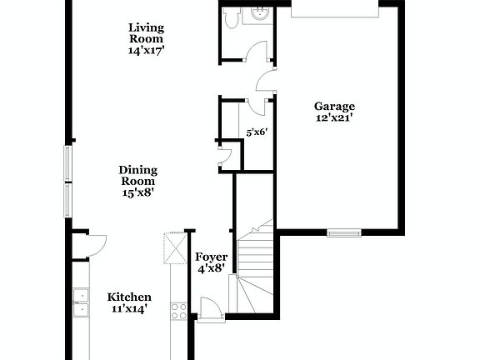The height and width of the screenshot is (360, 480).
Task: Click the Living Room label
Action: point(146,32)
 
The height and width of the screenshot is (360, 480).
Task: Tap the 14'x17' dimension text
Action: point(146,49)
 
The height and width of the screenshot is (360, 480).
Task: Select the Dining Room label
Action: point(137,175)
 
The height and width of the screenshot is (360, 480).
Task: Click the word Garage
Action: point(334,106)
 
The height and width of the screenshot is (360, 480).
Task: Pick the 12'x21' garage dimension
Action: point(334,118)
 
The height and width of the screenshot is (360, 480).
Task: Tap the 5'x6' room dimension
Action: point(257,132)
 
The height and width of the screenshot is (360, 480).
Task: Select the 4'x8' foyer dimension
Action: point(211,270)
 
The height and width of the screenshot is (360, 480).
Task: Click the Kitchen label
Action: point(129,297)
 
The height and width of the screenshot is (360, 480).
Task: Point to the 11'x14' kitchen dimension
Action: point(129,310)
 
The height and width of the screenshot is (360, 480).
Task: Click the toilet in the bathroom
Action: point(234,15)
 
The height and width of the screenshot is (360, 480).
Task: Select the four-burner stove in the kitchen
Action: point(178,311)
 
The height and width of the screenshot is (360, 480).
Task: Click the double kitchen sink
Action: point(82,302)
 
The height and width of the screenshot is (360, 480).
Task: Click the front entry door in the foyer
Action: point(209,311)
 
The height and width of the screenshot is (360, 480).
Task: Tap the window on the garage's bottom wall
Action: point(343,232)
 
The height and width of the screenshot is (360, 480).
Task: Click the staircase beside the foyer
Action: point(255,267)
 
